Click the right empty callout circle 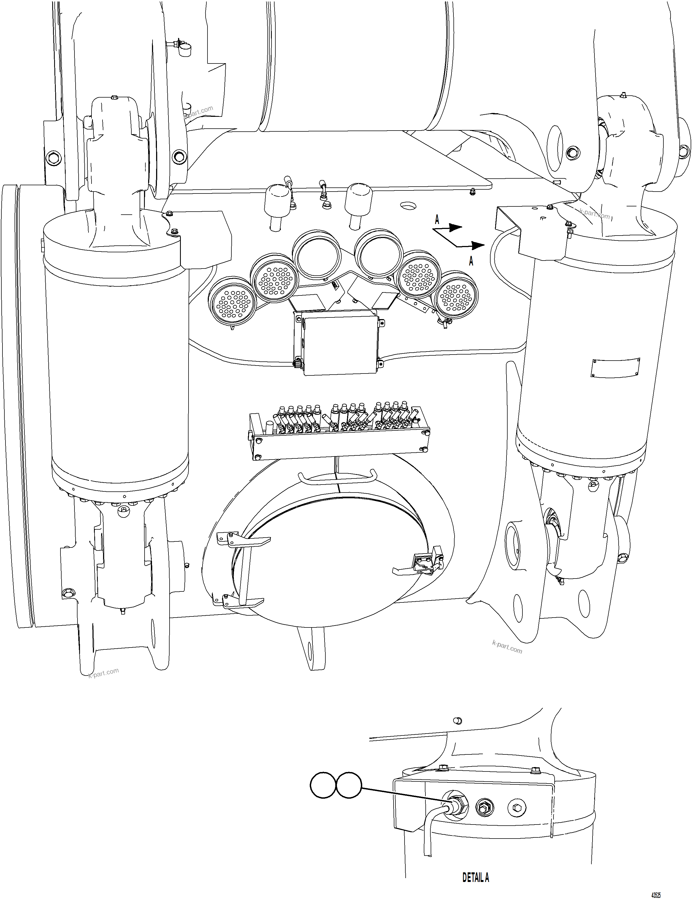click(349, 786)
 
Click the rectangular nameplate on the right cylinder click(615, 367)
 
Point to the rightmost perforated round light click(457, 296)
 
